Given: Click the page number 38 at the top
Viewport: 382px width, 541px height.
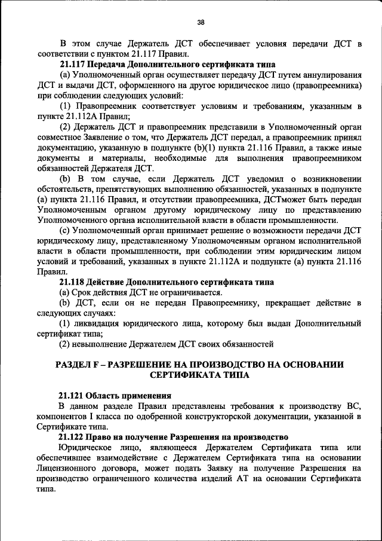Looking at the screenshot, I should click(201, 23).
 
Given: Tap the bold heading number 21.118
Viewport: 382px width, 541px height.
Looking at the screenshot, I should click(72, 282).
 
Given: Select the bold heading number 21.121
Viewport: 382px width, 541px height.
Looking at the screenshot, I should click(72, 396).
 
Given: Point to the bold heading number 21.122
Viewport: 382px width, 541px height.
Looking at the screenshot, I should click(72, 437).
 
